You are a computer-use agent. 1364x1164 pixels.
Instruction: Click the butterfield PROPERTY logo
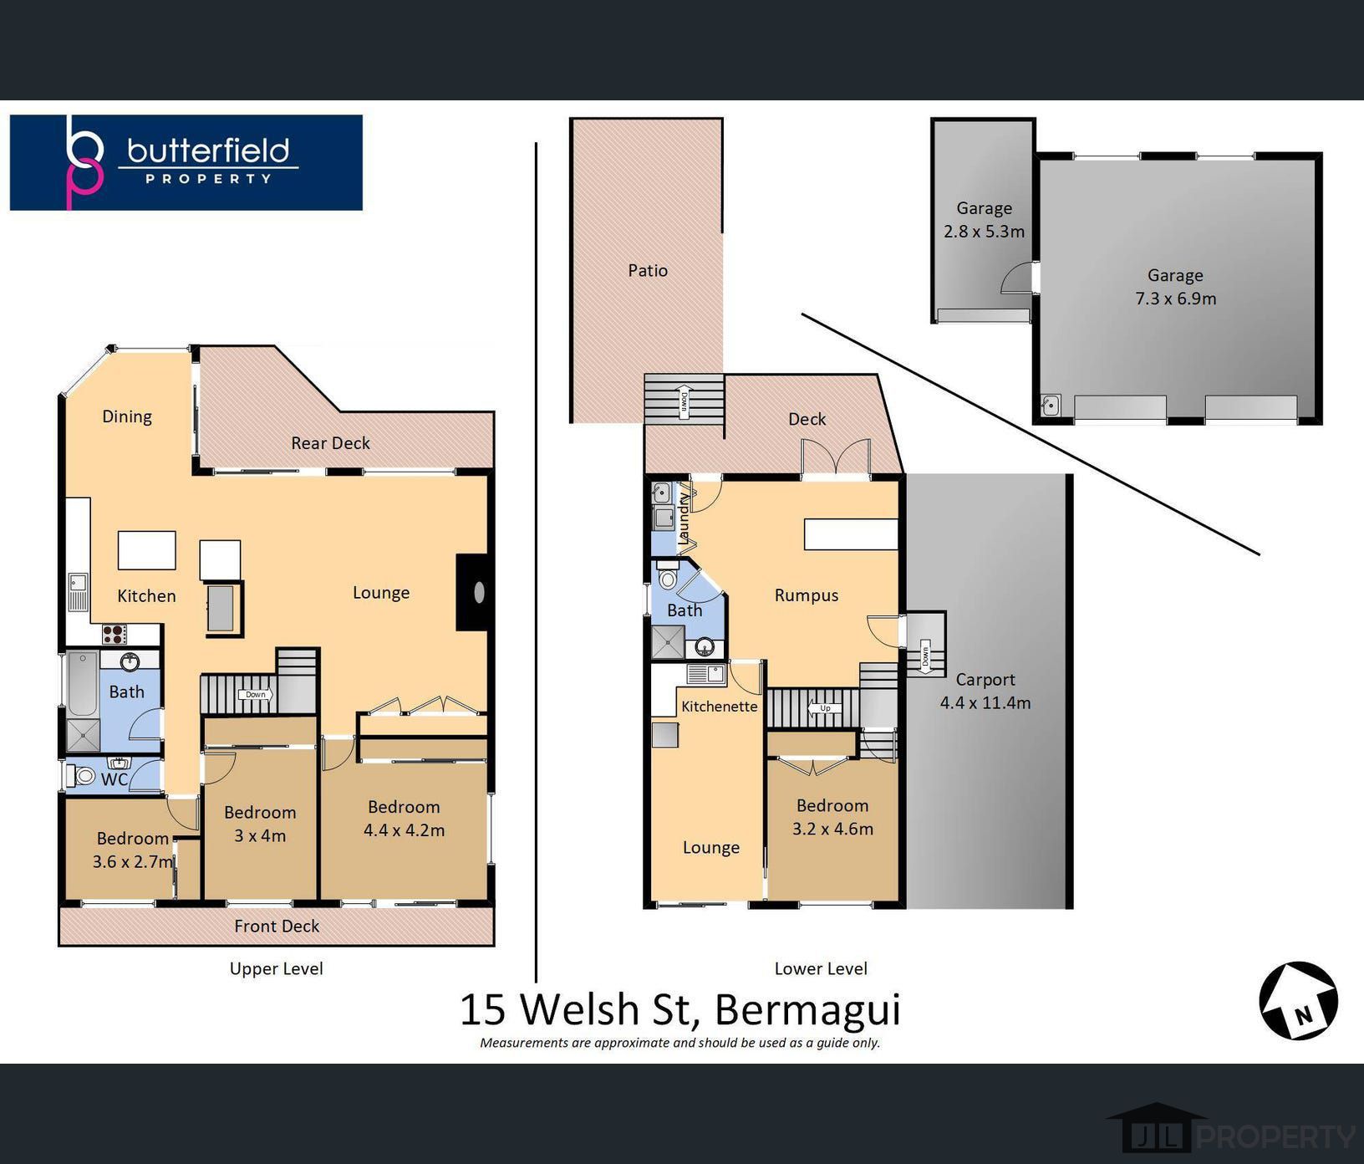[x=186, y=162]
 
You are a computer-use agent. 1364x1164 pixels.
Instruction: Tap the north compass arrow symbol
[x=1298, y=1000]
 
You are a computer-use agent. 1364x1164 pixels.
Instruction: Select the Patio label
[x=648, y=270]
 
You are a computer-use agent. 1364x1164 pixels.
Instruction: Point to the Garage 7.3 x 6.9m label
[x=1175, y=287]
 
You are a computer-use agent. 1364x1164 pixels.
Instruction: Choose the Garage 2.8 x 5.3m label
[x=984, y=220]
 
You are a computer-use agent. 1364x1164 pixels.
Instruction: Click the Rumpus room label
[x=806, y=595]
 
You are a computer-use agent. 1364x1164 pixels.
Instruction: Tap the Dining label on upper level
[x=127, y=416]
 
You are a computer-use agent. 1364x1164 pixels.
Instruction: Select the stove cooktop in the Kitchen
[x=114, y=634]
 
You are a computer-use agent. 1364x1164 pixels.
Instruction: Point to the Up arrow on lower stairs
[x=825, y=708]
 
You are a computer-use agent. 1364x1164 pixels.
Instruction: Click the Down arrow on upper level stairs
[x=256, y=694]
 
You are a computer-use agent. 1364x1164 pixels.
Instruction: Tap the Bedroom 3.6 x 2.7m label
[x=134, y=850]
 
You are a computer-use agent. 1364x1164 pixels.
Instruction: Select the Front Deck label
[x=277, y=926]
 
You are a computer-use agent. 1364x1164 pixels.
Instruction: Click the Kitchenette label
[x=719, y=707]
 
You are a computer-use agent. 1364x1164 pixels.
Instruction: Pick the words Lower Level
[x=821, y=968]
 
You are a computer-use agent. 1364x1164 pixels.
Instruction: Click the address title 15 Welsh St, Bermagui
[x=679, y=1008]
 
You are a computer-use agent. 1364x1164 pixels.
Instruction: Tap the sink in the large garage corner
[x=1051, y=406]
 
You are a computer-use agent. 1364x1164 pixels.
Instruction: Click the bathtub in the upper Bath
[x=82, y=684]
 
